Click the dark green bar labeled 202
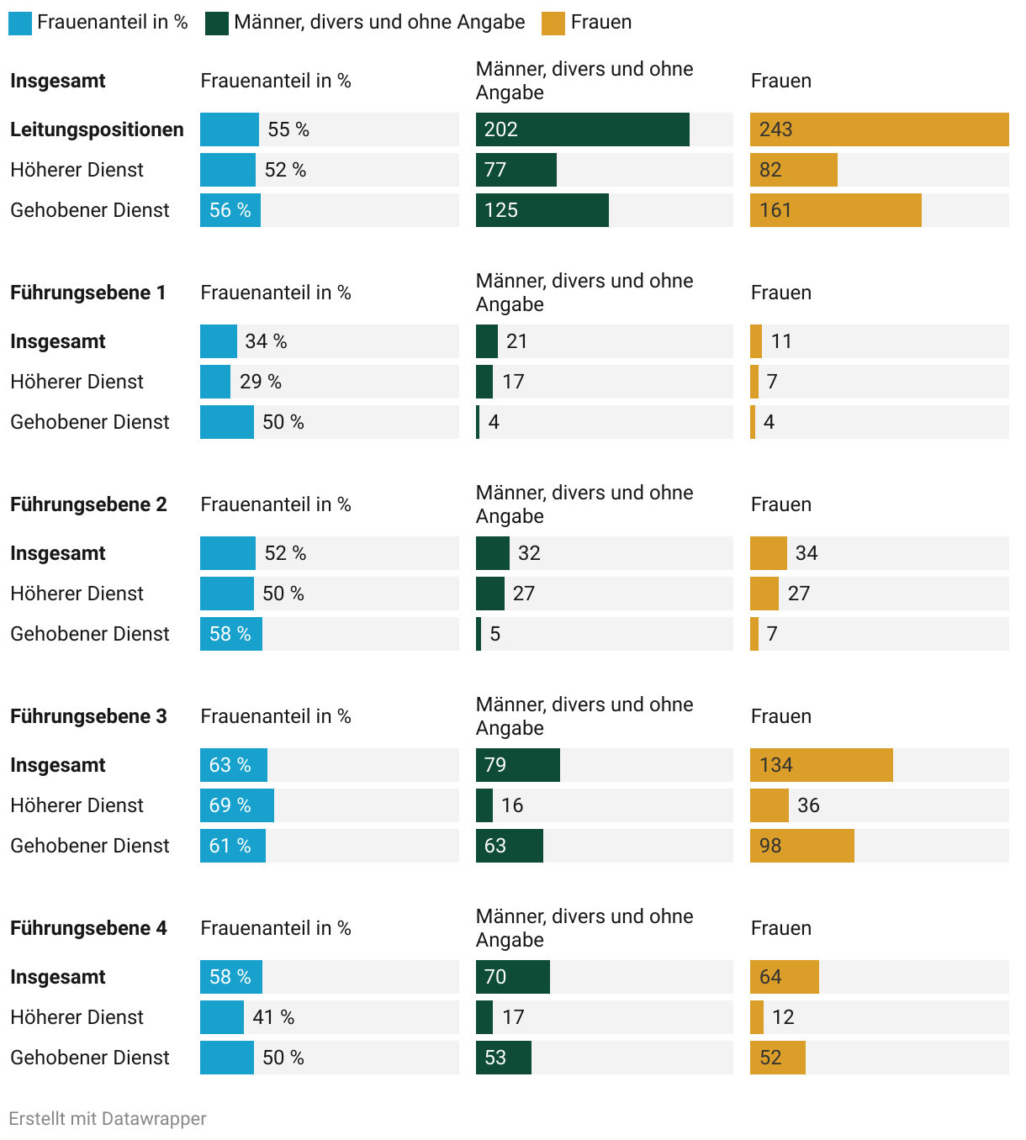(582, 129)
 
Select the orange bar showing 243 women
(879, 129)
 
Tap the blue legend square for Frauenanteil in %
(20, 23)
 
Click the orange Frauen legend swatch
(553, 23)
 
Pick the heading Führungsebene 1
(88, 293)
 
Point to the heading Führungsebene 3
(88, 716)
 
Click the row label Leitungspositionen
(97, 129)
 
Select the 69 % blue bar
(236, 805)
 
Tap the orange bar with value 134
(821, 765)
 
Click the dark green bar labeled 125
(542, 210)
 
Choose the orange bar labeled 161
(835, 210)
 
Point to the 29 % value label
(261, 382)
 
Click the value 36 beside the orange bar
(808, 805)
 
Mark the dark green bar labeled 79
(517, 765)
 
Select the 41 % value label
(273, 1017)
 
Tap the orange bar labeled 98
(801, 846)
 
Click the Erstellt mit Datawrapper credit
(108, 1119)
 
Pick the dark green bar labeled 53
(503, 1058)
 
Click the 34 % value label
(266, 341)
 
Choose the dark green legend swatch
(217, 23)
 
